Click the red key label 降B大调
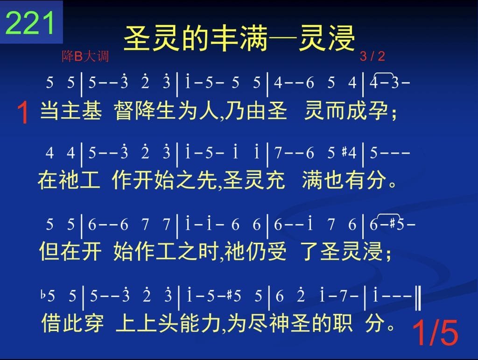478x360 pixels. click(85, 56)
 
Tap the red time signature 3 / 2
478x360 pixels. click(372, 56)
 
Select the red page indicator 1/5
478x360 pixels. click(435, 333)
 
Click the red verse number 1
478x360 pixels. click(23, 113)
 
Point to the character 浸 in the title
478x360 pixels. click(341, 38)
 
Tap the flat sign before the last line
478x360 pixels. click(43, 295)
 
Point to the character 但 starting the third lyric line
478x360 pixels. click(49, 252)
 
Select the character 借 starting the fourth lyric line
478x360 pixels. click(51, 323)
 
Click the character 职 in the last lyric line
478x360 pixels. click(343, 323)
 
